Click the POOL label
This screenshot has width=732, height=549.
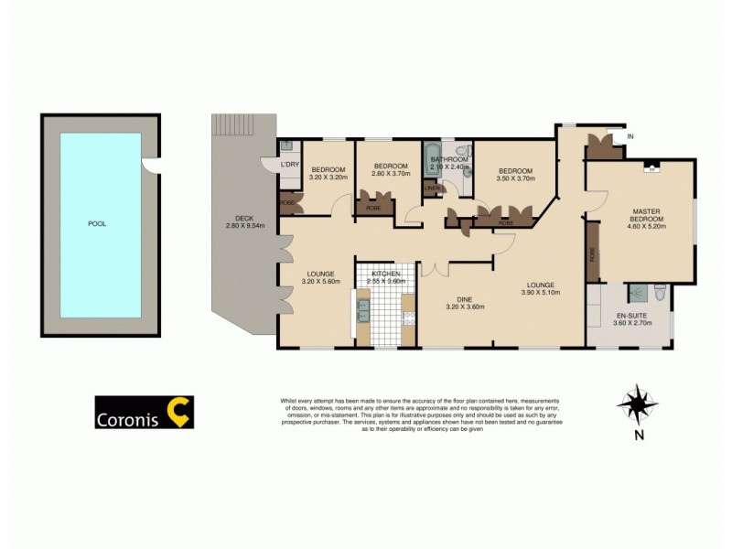click(x=96, y=224)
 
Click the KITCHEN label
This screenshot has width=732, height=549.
click(x=385, y=274)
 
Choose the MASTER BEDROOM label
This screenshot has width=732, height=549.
click(x=647, y=215)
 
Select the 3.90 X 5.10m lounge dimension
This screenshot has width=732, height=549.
click(x=540, y=293)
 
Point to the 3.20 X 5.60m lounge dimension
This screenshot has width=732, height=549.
click(x=320, y=282)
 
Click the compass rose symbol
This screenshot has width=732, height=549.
click(x=637, y=404)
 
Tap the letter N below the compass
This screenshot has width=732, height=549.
click(x=637, y=436)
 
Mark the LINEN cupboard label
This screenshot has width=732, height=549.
click(x=431, y=190)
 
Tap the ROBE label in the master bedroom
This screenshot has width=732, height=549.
click(x=592, y=253)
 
